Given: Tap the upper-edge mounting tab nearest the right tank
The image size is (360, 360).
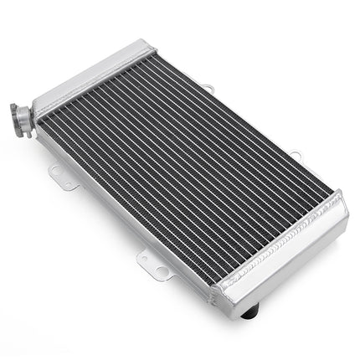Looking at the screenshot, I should click(295, 156).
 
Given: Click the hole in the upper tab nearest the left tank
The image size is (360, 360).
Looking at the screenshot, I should click(207, 86).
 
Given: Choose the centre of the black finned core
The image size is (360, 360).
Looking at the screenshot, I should click(188, 172).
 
